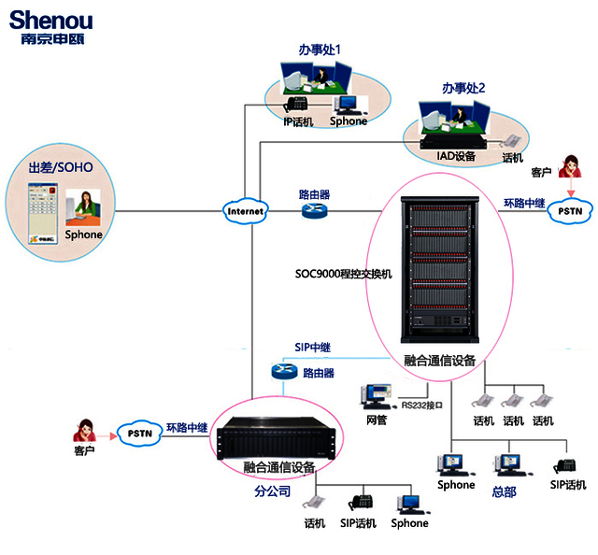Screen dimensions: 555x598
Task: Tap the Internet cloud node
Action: (x=246, y=212)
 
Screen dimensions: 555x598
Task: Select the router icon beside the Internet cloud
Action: (x=314, y=212)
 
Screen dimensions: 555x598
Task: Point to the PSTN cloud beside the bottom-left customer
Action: (x=136, y=433)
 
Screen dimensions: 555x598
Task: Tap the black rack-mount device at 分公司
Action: (x=275, y=436)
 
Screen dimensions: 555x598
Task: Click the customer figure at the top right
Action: (x=568, y=168)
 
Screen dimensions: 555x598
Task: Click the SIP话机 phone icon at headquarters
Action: (x=564, y=466)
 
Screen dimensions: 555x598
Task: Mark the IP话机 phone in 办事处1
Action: (x=297, y=105)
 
